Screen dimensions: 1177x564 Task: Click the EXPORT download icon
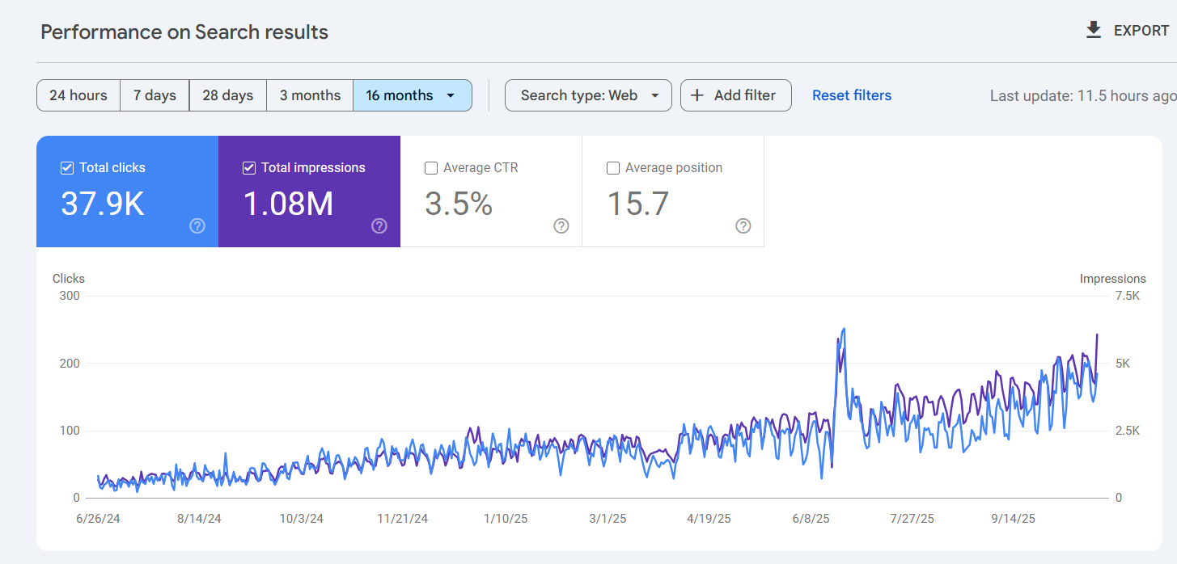pos(1094,31)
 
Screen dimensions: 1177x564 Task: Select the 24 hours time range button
pos(78,95)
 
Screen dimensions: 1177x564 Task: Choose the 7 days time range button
pos(155,95)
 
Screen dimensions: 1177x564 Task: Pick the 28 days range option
pos(227,95)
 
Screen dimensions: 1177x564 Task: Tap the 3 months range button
pos(310,95)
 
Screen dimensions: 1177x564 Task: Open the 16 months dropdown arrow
pos(451,95)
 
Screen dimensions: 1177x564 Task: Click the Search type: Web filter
pos(588,95)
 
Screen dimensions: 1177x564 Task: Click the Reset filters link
pos(852,95)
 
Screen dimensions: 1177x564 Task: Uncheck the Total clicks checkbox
pos(66,168)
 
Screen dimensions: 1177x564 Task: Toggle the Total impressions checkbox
pos(249,168)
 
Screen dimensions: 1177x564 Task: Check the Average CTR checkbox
pos(431,168)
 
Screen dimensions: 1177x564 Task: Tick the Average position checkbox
pos(612,168)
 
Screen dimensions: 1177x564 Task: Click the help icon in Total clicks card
pos(197,226)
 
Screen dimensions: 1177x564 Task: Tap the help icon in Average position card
pos(743,226)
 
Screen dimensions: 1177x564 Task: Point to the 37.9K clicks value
pos(103,204)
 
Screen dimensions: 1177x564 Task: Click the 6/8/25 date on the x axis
pos(811,519)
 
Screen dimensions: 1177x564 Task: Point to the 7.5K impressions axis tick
pos(1128,296)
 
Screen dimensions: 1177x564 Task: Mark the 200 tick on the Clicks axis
pos(70,363)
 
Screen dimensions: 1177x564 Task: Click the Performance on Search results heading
pos(184,32)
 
